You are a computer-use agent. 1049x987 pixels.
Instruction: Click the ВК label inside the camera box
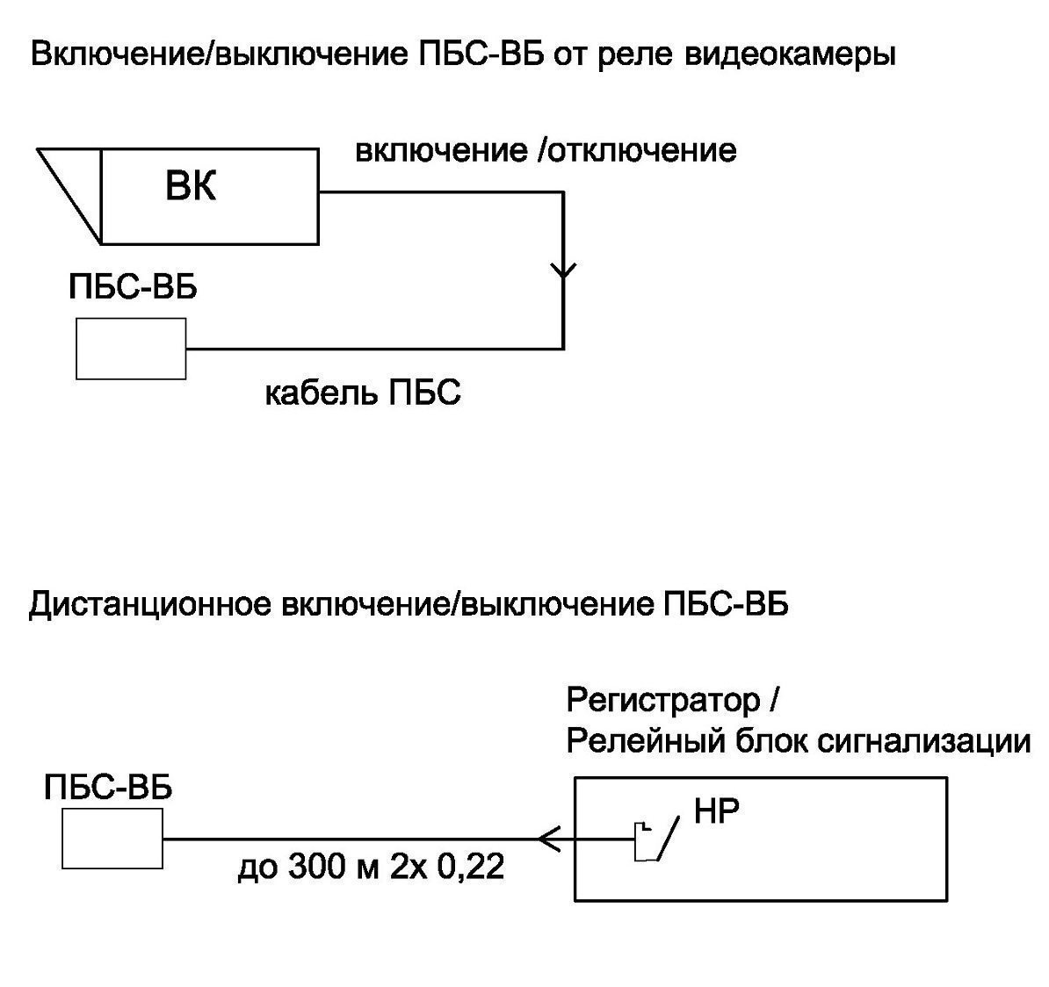click(x=191, y=187)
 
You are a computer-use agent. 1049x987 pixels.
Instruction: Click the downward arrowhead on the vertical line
click(x=563, y=269)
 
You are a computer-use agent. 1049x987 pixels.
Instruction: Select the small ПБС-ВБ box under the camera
click(x=131, y=349)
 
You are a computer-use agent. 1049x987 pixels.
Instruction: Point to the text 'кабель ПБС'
click(x=363, y=393)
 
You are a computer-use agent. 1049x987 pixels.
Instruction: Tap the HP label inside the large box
click(x=716, y=811)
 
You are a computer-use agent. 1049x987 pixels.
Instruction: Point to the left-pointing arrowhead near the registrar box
click(x=550, y=839)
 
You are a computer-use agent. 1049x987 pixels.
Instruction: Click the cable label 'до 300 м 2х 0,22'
click(x=371, y=869)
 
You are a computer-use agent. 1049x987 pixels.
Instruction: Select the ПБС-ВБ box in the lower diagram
click(x=112, y=839)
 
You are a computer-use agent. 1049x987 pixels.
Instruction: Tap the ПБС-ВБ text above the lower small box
click(x=108, y=788)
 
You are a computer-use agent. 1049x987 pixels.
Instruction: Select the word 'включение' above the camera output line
click(x=440, y=150)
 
